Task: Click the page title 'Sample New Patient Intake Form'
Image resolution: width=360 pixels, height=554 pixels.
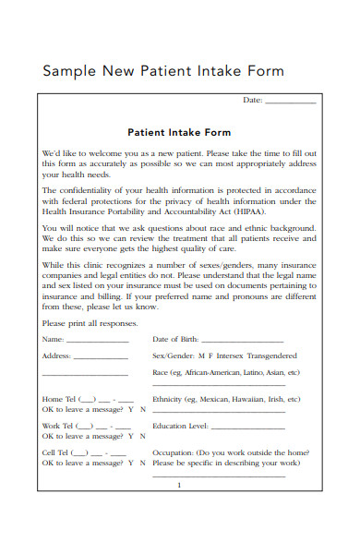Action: point(164,71)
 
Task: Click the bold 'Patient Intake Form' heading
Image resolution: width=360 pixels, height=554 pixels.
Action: point(178,132)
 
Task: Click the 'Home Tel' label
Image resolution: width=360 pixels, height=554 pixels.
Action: point(58,400)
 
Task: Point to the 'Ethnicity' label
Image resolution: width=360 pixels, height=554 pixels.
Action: point(167,400)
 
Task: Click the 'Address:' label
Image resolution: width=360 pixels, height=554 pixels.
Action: point(56,355)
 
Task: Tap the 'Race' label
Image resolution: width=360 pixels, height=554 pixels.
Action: point(161,373)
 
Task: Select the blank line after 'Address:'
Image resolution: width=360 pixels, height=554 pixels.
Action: point(101,357)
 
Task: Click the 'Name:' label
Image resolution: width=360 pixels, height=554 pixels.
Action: point(53,339)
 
